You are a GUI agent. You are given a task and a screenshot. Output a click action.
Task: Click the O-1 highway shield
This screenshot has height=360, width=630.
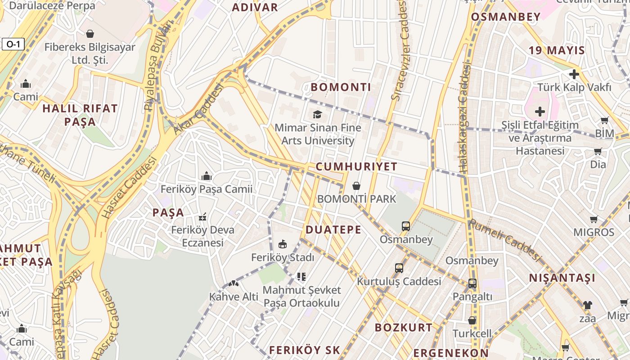[x=13, y=44]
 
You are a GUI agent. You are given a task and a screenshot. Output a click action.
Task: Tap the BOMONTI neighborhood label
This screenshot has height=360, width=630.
[x=341, y=87]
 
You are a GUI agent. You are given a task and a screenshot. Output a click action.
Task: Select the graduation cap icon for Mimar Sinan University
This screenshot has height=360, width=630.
[x=318, y=114]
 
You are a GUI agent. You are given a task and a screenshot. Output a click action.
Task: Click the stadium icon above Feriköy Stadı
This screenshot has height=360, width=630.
[x=283, y=244]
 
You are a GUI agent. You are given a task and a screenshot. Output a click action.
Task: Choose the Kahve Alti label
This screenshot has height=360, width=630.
[x=234, y=297]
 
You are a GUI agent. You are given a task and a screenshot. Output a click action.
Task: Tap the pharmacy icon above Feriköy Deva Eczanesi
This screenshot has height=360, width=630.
[x=202, y=217]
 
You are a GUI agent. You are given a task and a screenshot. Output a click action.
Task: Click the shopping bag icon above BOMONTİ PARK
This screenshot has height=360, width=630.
[x=356, y=185]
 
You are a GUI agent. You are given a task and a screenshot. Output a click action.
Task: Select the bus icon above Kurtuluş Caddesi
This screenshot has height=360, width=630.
[x=399, y=268]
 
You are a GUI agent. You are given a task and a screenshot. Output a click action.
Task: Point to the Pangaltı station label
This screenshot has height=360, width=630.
[x=472, y=297]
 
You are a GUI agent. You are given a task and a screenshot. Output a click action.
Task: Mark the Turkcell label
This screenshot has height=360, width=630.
[x=472, y=334]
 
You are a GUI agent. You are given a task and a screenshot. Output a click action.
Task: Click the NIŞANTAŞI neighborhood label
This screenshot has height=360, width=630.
[x=562, y=278]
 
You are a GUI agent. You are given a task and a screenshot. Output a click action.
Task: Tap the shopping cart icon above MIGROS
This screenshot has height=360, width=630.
[x=594, y=220]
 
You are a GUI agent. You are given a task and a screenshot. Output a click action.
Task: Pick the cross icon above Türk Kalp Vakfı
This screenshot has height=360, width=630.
[x=574, y=74]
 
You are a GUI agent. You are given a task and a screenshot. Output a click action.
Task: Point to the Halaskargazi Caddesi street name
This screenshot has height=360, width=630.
[x=464, y=117]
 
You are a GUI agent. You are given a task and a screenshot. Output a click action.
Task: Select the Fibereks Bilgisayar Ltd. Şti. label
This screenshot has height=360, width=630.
[x=90, y=53]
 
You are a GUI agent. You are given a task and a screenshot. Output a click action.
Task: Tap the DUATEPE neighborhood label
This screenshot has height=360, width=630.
[x=333, y=230]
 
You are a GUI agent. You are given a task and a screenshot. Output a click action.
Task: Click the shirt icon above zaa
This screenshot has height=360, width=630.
[x=587, y=305]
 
